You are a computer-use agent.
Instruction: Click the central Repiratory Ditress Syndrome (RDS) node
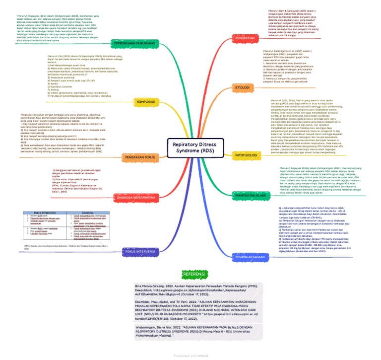[191, 147]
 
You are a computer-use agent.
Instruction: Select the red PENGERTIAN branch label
[245, 38]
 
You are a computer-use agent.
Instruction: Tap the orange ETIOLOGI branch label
[242, 87]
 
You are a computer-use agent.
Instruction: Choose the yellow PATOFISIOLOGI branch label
[245, 155]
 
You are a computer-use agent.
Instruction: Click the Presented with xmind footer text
[190, 356]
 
